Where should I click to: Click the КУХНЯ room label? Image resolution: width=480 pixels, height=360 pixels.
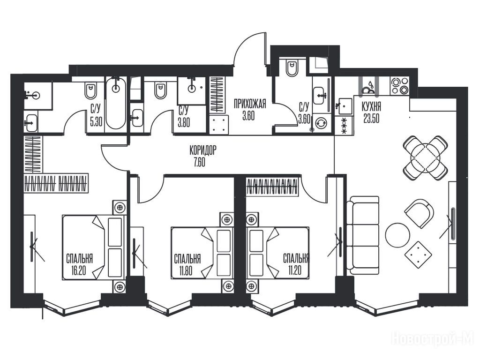pos(371,107)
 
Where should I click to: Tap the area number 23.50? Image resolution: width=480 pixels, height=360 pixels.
pos(371,118)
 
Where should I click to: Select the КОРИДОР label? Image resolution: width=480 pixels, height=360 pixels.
pos(203,150)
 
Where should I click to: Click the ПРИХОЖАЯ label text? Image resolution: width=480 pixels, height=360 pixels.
pos(250,104)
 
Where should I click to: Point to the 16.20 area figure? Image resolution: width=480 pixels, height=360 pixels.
pos(79,270)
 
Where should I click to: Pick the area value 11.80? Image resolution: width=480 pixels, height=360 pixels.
pos(186,270)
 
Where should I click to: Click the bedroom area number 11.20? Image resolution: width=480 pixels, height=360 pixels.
pos(294,270)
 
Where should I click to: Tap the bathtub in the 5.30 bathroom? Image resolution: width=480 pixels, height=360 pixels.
pos(115,103)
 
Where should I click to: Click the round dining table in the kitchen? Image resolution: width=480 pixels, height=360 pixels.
pos(426,158)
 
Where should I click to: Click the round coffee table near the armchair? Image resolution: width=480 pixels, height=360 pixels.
pos(397,235)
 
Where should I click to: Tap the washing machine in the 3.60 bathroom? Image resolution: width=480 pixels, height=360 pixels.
pos(321,123)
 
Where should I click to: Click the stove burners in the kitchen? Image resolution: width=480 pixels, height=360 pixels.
pos(399,86)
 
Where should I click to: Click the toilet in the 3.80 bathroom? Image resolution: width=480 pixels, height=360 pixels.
pos(160,90)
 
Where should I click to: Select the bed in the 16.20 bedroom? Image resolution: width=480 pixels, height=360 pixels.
pos(94,247)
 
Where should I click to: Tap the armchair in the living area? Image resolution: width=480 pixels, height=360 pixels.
pos(419,214)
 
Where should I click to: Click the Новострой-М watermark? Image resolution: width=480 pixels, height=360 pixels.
pos(433,339)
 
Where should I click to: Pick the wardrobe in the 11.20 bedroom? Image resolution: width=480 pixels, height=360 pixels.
pos(272,187)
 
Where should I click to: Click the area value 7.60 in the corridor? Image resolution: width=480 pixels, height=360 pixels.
pos(199,162)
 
